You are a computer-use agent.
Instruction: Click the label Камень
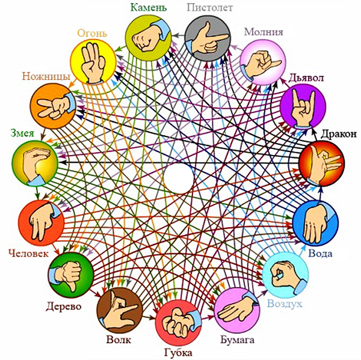click(147, 7)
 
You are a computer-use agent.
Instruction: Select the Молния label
click(264, 32)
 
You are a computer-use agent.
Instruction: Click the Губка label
click(178, 352)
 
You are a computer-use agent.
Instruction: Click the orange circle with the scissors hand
click(52, 103)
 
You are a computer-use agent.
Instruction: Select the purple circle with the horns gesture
click(302, 106)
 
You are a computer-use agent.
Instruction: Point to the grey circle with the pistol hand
click(208, 36)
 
